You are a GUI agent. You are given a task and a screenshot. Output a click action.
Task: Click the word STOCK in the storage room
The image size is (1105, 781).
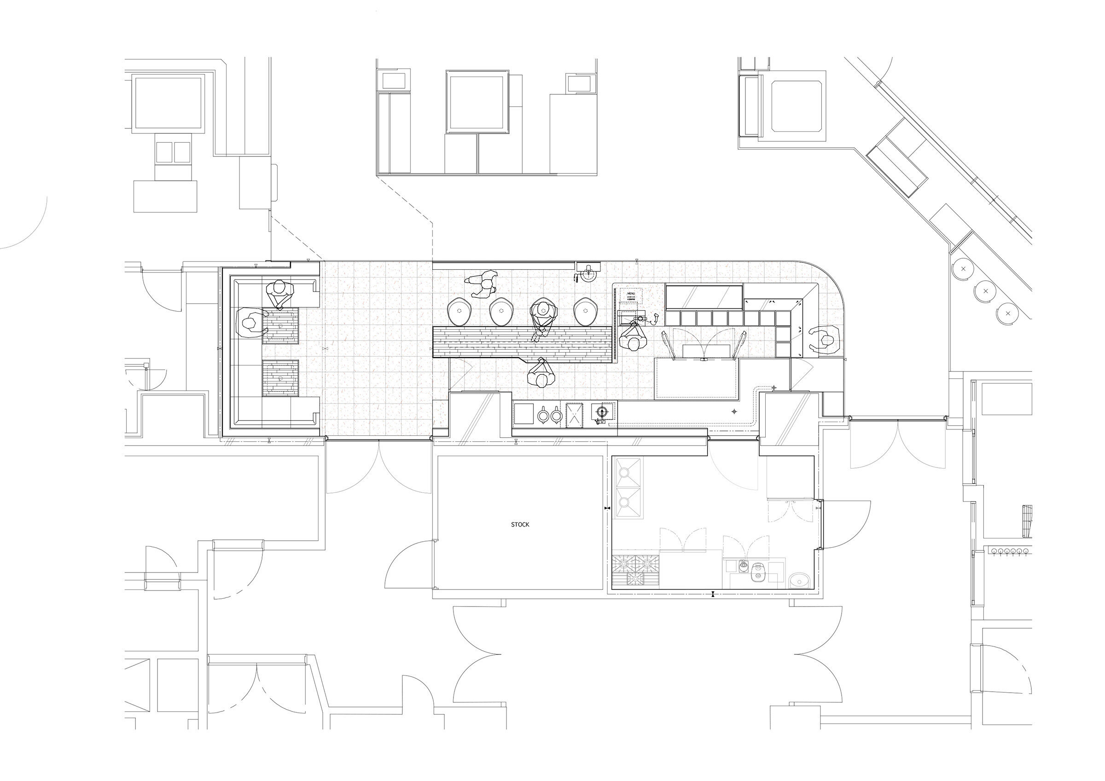click(x=520, y=525)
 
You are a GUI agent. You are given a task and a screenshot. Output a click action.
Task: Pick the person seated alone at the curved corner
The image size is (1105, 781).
click(x=825, y=340)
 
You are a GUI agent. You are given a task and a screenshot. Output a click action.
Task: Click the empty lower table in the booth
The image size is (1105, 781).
click(x=280, y=378)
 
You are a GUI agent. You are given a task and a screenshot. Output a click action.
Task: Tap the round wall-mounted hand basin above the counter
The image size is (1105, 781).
click(x=588, y=274)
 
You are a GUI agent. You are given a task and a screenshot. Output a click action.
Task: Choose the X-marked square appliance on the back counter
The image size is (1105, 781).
click(x=574, y=415)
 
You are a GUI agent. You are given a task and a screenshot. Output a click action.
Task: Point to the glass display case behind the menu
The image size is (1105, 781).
click(x=704, y=297)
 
